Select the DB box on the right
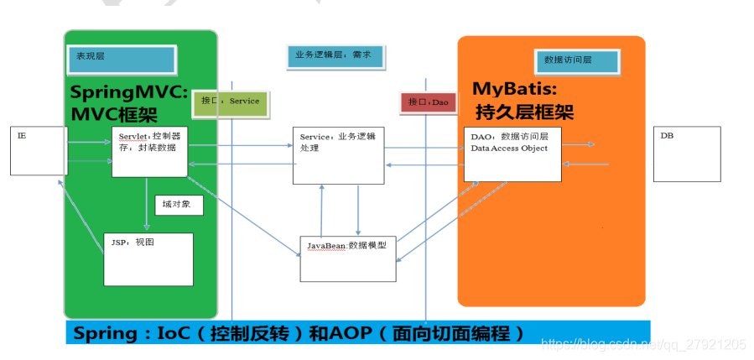[686, 154]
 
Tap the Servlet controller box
[149, 151]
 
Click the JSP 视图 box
[148, 258]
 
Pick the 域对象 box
[178, 205]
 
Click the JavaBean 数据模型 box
[348, 258]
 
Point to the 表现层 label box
[122, 58]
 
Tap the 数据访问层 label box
[577, 60]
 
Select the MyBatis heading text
[515, 89]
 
